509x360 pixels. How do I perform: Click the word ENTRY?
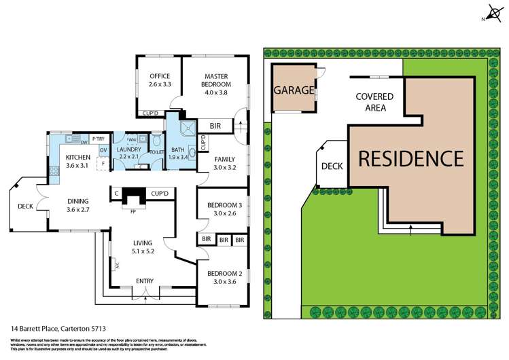[145, 281]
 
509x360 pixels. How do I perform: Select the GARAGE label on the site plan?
[294, 90]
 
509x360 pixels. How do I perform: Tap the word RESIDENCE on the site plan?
[410, 158]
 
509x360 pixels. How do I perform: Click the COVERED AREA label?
[370, 102]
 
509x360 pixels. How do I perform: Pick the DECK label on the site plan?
[332, 166]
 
